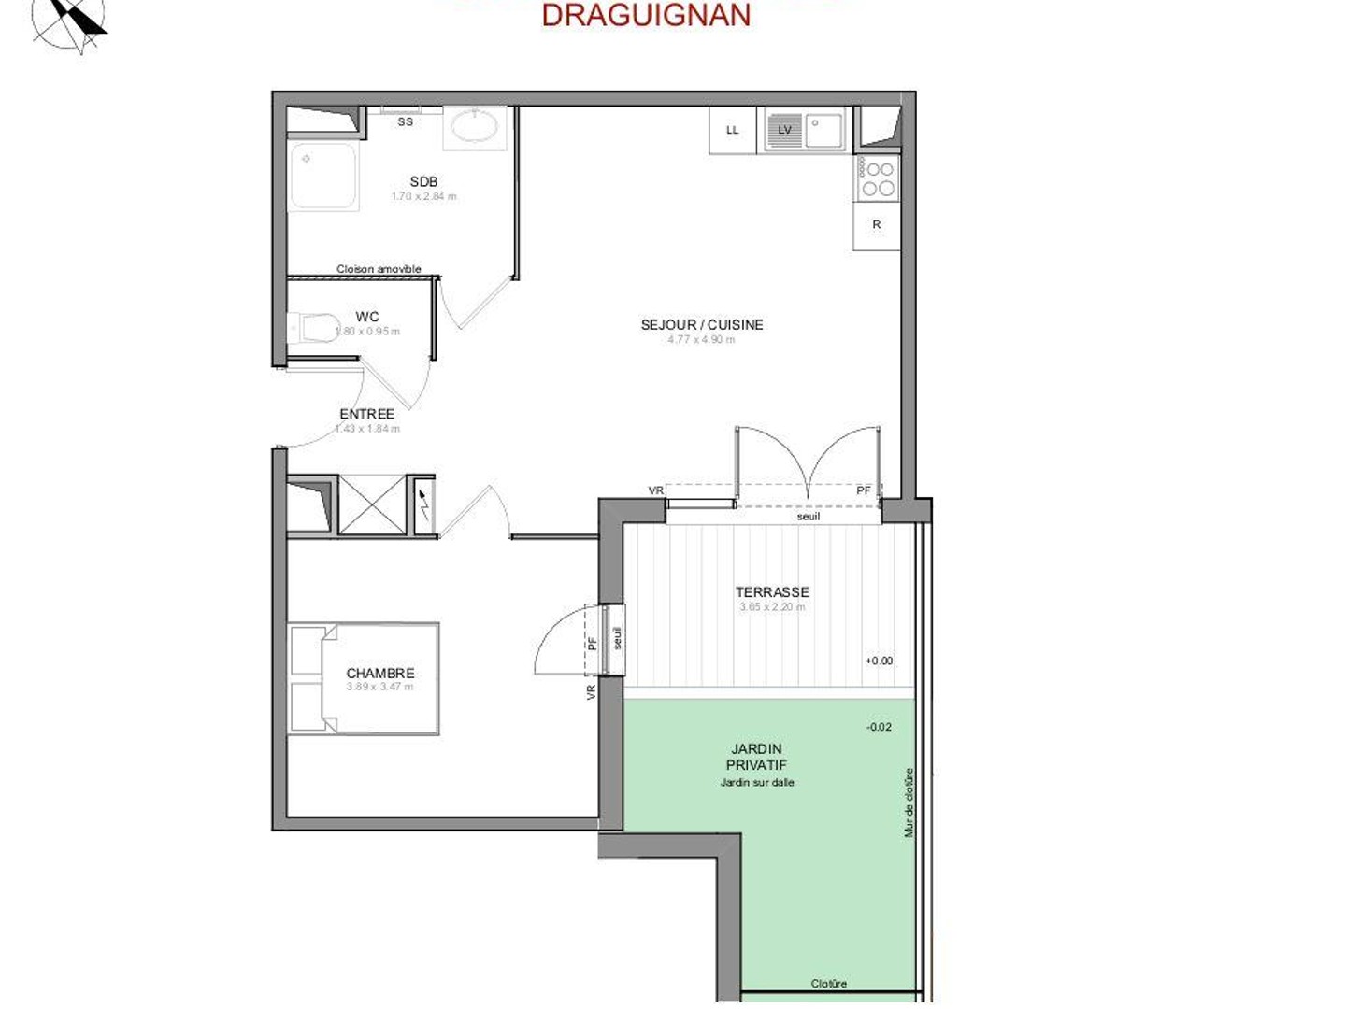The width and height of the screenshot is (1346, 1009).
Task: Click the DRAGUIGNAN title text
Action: coord(646,15)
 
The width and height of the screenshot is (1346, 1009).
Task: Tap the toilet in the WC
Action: coord(316,328)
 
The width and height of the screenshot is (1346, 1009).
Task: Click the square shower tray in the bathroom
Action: coord(323,176)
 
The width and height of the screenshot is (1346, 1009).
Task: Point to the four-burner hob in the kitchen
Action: coord(878,178)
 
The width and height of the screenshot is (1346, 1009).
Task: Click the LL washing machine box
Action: coord(733,130)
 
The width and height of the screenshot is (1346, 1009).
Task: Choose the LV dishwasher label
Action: coord(785,130)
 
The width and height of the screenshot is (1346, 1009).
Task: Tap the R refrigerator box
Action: coord(877,225)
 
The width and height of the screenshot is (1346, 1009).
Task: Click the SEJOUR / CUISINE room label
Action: coord(702,324)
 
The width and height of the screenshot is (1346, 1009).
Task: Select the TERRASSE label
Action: coord(772,591)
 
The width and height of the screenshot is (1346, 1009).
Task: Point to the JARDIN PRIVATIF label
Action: coord(756,757)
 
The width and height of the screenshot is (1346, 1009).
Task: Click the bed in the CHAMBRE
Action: coord(364,678)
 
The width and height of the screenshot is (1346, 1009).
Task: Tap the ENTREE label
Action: coord(366,413)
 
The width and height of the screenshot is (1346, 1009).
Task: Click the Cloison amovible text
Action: coord(379,269)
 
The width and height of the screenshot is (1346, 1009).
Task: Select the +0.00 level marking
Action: coord(879,661)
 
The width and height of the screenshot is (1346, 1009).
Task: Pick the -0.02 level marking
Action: coord(879,726)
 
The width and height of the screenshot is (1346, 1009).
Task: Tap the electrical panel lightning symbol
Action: coord(423,505)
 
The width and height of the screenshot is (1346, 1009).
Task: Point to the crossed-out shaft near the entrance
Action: coord(372,505)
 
